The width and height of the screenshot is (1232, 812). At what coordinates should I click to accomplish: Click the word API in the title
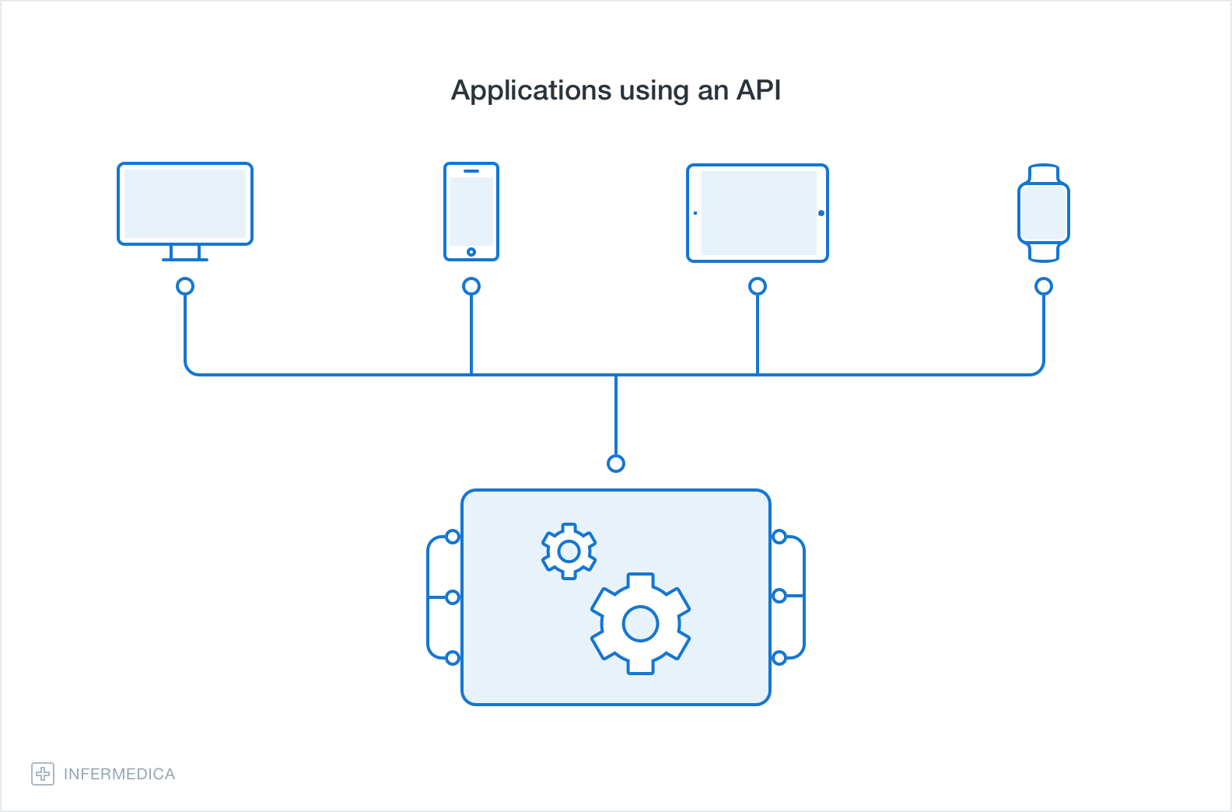(x=758, y=90)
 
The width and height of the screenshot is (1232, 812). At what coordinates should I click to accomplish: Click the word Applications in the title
(x=531, y=91)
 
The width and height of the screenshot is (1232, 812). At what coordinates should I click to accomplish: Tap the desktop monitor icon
(x=185, y=204)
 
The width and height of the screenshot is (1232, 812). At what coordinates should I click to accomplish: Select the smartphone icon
(x=471, y=212)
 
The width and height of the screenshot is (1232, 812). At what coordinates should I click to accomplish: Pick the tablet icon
(x=758, y=212)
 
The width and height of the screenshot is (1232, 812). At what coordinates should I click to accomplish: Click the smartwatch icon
(x=1044, y=212)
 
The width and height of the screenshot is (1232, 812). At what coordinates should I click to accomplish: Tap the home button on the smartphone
(x=471, y=252)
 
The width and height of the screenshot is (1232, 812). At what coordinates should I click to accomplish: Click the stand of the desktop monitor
(x=185, y=253)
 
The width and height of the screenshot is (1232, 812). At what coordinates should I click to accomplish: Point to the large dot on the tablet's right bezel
(x=821, y=213)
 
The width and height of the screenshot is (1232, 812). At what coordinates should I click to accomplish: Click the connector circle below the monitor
(x=185, y=286)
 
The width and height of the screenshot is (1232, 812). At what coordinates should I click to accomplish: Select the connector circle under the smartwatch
(x=1044, y=286)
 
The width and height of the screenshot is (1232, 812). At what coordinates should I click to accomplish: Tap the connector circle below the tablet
(x=758, y=286)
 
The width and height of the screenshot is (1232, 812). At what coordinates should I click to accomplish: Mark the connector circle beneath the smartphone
(x=471, y=286)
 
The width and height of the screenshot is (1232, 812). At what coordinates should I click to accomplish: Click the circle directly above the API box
(x=616, y=464)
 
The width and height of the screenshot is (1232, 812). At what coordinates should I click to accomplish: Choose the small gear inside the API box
(x=569, y=551)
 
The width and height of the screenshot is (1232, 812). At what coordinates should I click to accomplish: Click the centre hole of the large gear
(x=641, y=624)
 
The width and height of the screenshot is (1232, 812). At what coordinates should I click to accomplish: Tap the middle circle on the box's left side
(x=453, y=597)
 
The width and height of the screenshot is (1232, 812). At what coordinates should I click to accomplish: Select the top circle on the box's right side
(x=779, y=537)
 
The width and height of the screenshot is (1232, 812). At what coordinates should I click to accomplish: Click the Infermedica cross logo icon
(x=43, y=774)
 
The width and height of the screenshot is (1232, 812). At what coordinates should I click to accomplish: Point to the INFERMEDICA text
(x=119, y=774)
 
